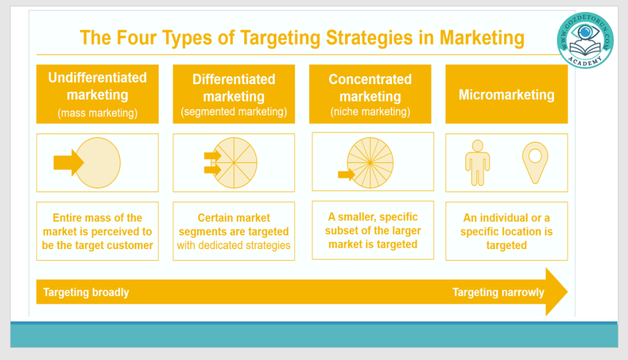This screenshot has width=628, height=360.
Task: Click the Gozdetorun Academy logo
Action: tap(585, 40)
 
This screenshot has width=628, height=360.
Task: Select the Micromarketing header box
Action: tap(506, 94)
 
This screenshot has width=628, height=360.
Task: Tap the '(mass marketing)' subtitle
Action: tap(98, 113)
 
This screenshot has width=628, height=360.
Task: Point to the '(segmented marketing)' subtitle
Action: tap(234, 112)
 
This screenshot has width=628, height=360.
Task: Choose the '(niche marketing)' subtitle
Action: tap(370, 112)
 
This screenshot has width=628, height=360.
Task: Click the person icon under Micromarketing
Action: tap(477, 163)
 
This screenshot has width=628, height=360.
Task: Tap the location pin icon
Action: tap(535, 163)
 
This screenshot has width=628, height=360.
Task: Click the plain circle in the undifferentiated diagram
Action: tap(98, 163)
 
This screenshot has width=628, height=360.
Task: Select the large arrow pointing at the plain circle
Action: tap(69, 163)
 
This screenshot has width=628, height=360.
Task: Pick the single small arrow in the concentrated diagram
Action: tap(347, 175)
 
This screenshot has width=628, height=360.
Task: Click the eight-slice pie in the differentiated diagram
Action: tap(234, 163)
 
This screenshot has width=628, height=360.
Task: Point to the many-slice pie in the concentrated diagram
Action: tap(370, 163)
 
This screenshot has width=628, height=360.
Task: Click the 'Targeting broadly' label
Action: tap(86, 293)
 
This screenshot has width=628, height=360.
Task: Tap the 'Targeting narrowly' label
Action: tap(498, 293)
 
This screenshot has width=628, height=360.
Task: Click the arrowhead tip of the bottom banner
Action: tap(567, 291)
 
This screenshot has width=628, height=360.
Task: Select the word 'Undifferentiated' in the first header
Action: tap(98, 77)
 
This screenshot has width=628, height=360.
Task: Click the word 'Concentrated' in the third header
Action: tap(370, 79)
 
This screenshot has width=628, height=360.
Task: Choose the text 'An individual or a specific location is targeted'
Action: tap(506, 231)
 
